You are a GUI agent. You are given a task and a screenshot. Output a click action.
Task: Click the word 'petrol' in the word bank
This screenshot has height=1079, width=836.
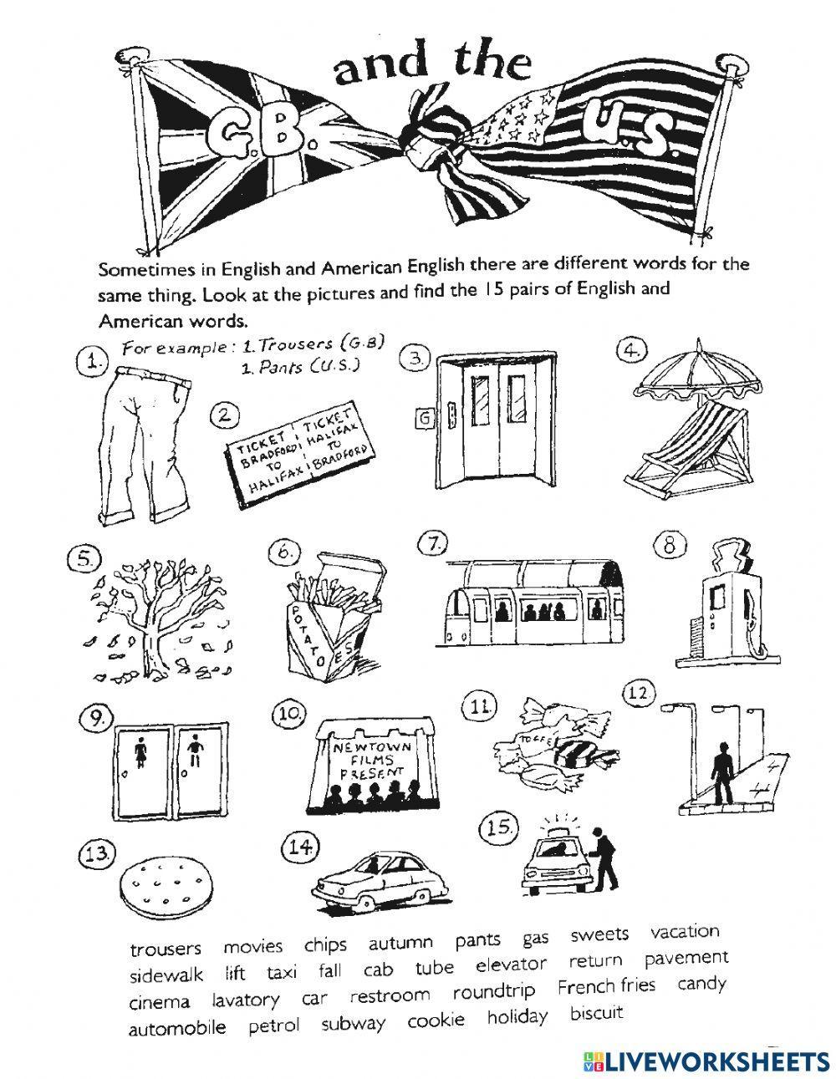273,1026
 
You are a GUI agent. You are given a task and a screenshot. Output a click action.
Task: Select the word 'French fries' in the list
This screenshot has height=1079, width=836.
606,986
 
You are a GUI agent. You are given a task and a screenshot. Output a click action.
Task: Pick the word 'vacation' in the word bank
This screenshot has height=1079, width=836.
685,932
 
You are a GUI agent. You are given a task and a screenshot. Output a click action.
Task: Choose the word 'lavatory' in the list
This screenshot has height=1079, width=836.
245,1000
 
